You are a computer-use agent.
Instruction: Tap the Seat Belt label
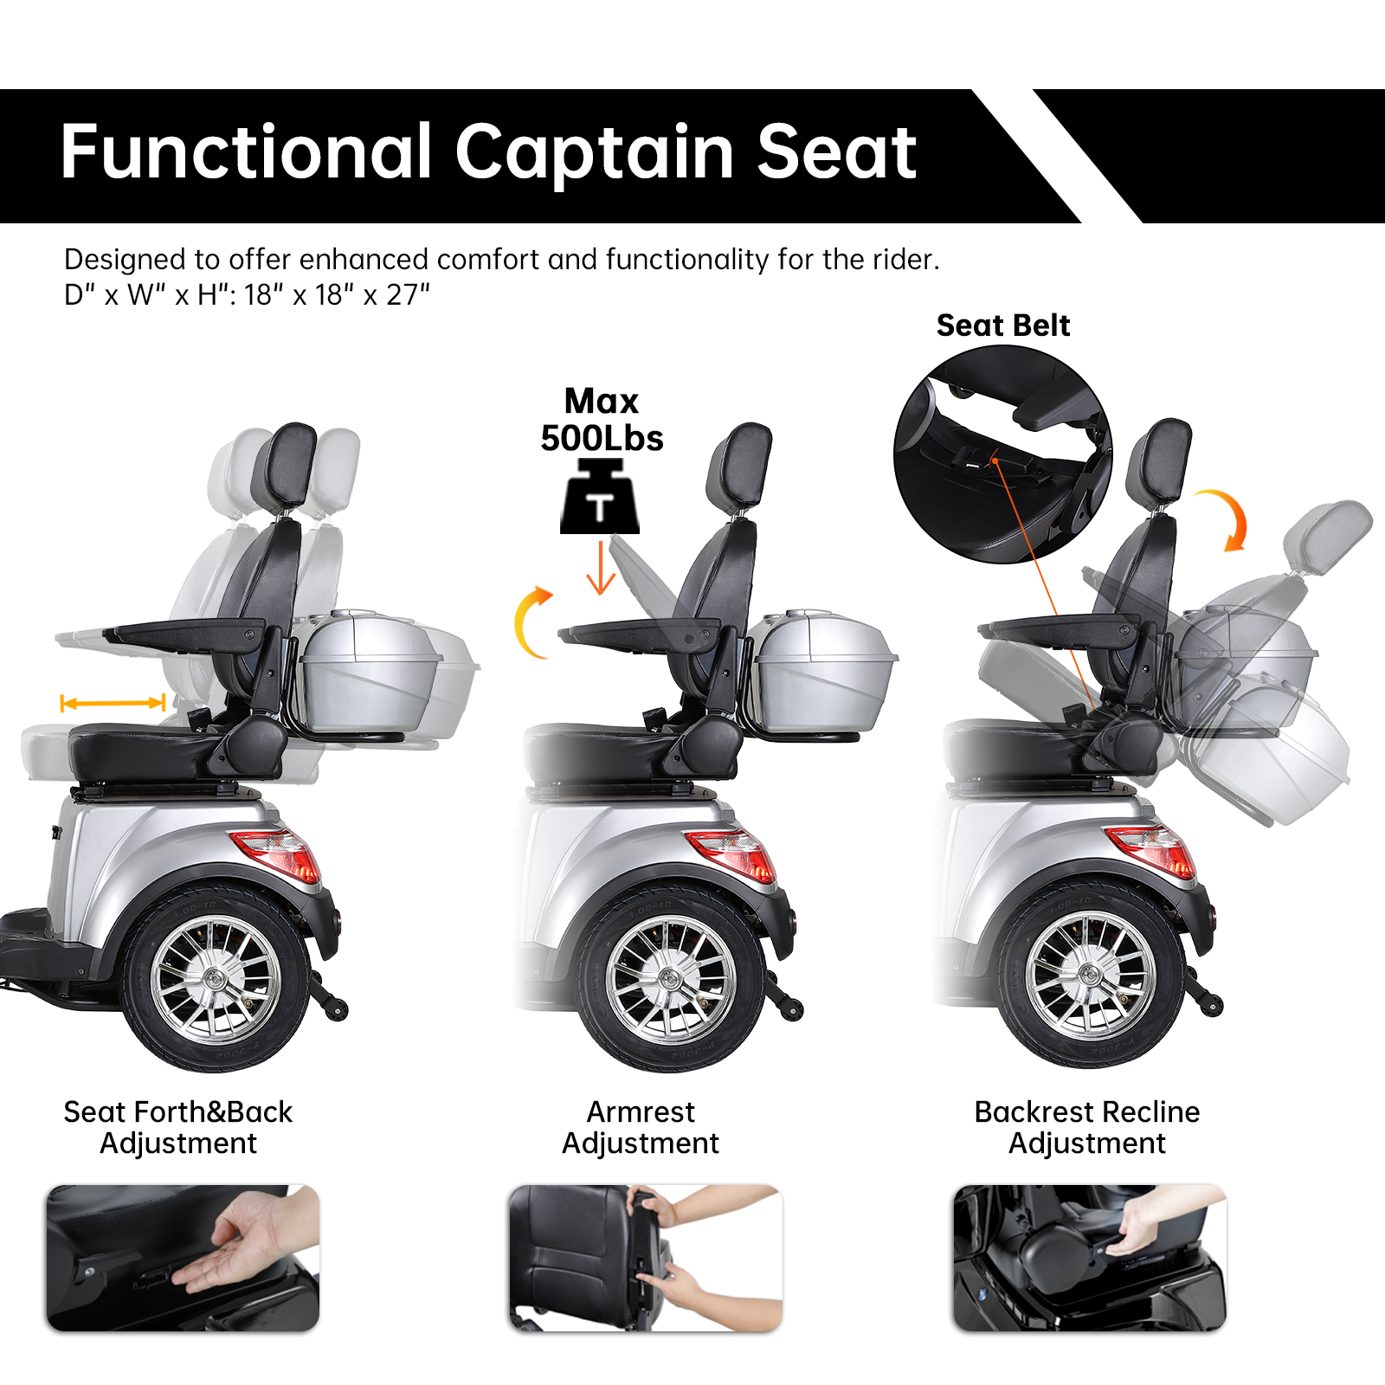1002,325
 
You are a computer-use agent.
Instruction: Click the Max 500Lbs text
602,420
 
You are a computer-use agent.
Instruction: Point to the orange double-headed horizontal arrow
113,703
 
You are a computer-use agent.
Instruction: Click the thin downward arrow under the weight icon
601,569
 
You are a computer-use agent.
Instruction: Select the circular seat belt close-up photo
1002,454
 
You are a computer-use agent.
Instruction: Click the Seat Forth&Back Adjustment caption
178,1127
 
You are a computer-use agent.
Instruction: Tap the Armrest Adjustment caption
641,1127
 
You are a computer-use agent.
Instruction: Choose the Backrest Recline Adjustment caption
1087,1127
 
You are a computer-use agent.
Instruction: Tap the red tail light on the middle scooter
732,854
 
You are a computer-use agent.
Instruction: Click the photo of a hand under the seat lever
183,1257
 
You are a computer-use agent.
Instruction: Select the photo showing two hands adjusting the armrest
646,1257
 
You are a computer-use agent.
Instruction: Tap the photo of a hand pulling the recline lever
1089,1257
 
